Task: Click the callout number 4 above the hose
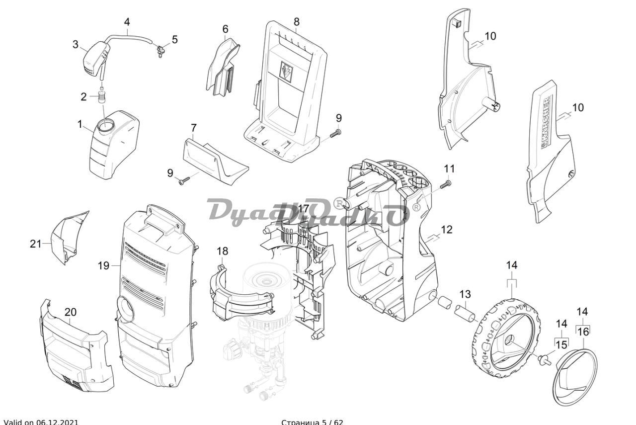coord(127,22)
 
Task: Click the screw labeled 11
coord(445,184)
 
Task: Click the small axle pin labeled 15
coord(544,358)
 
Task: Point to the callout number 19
coord(103,265)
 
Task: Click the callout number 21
coord(35,244)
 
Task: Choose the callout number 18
coord(223,251)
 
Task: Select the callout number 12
coord(447,230)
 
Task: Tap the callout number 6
coord(225,29)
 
